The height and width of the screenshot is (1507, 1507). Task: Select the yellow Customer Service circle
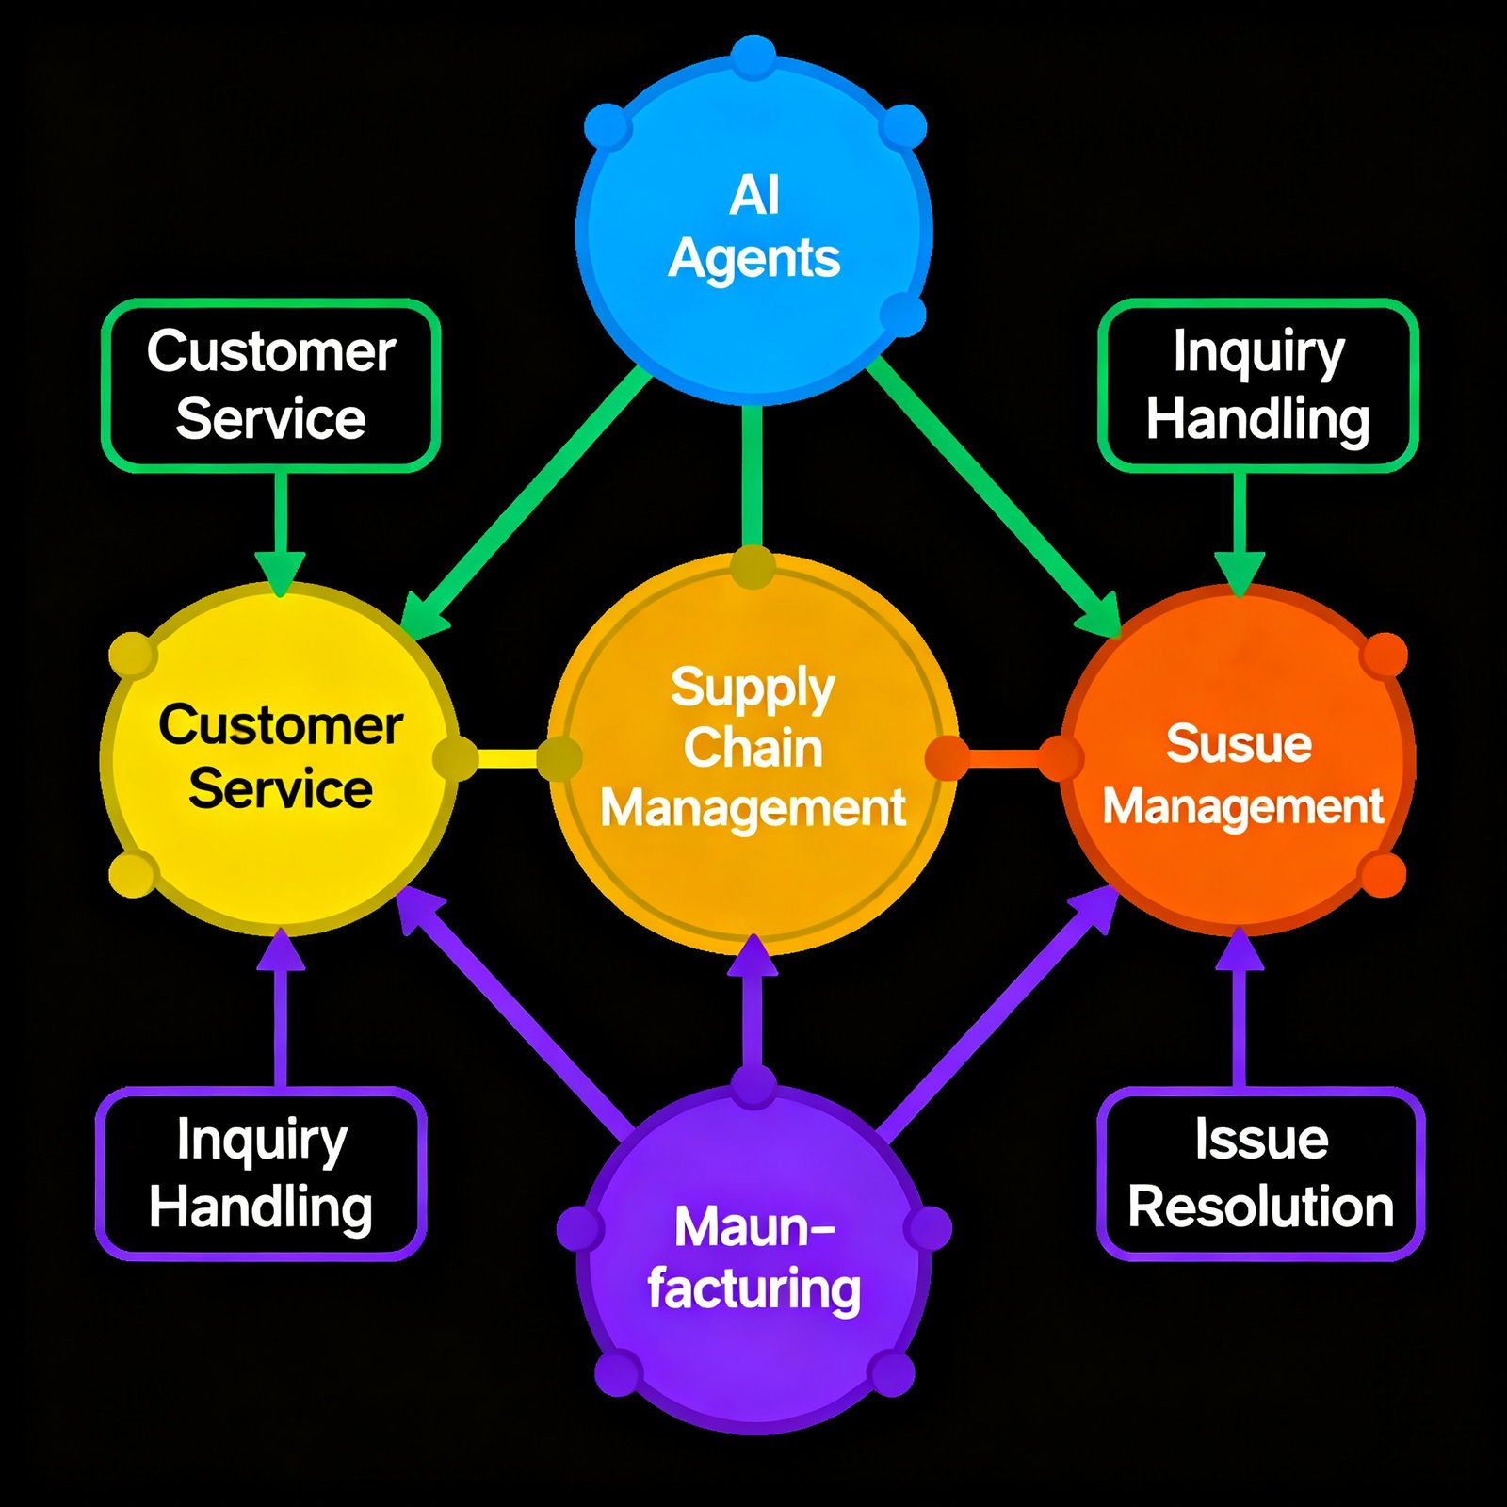(280, 758)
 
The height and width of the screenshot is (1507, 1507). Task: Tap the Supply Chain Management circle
(753, 753)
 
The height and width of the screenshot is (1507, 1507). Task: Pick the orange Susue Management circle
(1239, 758)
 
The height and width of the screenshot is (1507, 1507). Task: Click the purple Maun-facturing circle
(753, 1257)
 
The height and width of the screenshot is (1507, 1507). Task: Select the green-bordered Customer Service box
(270, 385)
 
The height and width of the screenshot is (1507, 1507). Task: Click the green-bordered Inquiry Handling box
(1258, 385)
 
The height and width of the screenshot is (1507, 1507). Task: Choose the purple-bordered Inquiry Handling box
(261, 1174)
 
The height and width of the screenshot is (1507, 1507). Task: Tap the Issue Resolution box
(1260, 1174)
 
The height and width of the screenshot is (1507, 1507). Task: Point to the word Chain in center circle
(753, 748)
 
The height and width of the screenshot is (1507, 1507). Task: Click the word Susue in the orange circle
(1239, 744)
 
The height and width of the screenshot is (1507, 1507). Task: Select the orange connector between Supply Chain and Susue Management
(1004, 758)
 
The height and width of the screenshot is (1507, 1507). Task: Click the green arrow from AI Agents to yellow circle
(527, 499)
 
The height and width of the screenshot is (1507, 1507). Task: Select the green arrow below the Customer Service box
(280, 527)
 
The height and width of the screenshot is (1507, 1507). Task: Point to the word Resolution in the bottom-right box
(1260, 1207)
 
